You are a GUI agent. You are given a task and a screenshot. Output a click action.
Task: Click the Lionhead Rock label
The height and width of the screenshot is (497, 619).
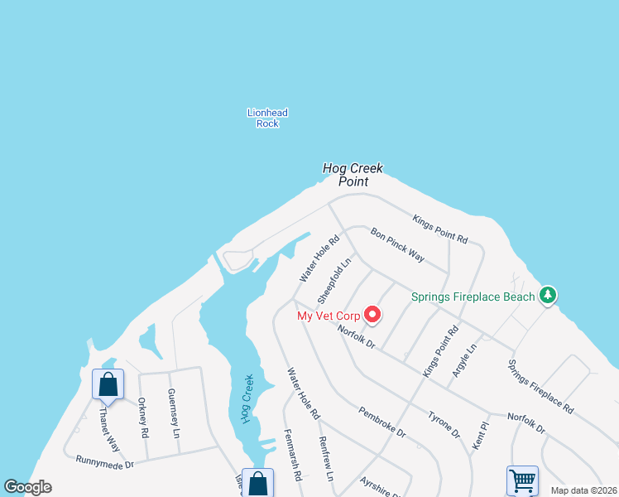click(267, 118)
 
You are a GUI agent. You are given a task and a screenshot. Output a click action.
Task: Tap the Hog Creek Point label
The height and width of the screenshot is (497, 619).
click(353, 175)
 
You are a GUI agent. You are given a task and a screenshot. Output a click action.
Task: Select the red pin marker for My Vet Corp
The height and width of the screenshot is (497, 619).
click(372, 314)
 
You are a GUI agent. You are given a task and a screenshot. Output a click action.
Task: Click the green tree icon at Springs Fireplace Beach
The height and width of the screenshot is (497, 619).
click(546, 295)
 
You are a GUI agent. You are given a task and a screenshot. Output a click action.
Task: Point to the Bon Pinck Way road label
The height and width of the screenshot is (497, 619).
click(398, 245)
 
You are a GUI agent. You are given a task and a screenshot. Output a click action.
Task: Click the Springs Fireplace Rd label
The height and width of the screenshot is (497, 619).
click(540, 386)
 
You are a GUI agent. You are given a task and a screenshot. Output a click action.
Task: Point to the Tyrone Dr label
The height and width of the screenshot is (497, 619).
click(444, 423)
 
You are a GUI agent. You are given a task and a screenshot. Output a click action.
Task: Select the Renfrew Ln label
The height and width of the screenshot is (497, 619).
click(325, 460)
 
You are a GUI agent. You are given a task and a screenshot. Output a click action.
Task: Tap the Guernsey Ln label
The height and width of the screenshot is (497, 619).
click(174, 413)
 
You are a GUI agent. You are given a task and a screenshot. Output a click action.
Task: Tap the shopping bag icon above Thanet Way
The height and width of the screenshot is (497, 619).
click(108, 384)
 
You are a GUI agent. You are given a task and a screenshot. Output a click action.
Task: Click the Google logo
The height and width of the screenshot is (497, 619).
click(28, 487)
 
